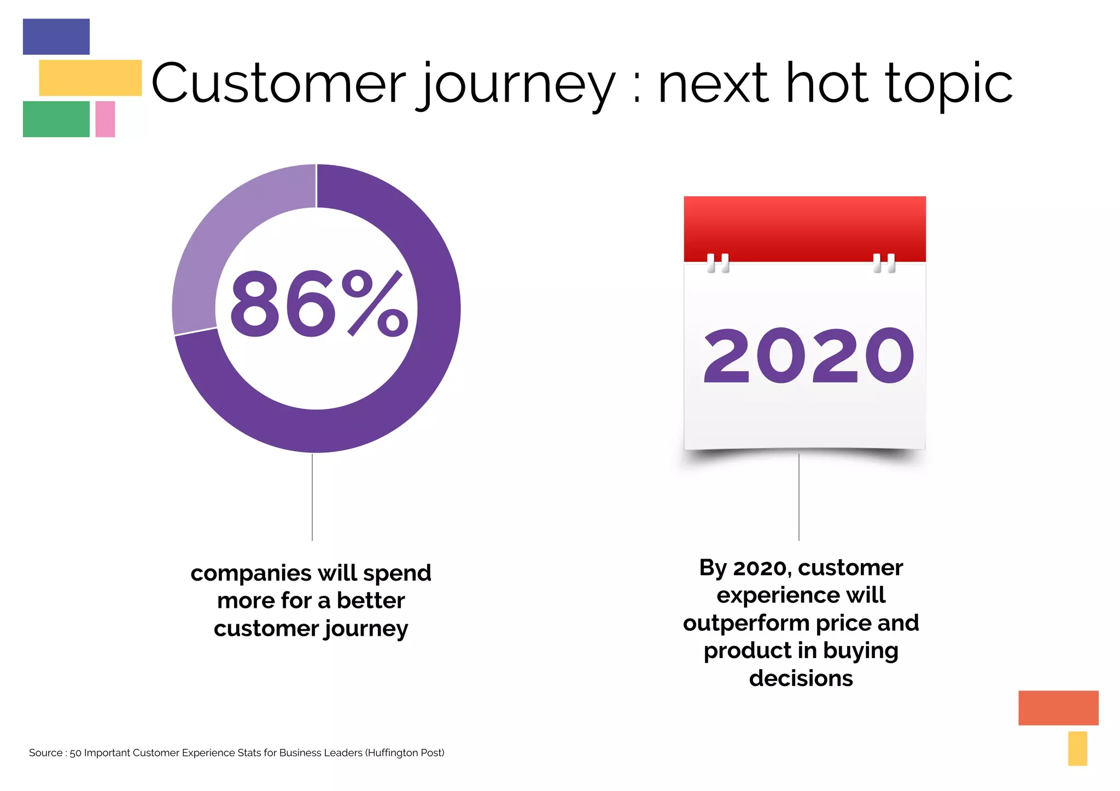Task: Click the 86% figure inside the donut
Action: (318, 304)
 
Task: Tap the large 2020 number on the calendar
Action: (808, 356)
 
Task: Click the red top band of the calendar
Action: (804, 227)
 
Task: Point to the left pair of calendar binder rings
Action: (717, 263)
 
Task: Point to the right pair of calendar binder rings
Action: (884, 263)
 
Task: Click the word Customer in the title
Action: (278, 84)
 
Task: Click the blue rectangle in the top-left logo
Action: (56, 37)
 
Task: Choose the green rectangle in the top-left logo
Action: (56, 119)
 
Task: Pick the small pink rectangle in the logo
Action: (105, 119)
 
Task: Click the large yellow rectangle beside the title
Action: (90, 78)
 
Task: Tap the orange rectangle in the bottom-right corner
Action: (1058, 707)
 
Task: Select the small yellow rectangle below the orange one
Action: (1077, 748)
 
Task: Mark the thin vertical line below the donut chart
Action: (312, 497)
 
